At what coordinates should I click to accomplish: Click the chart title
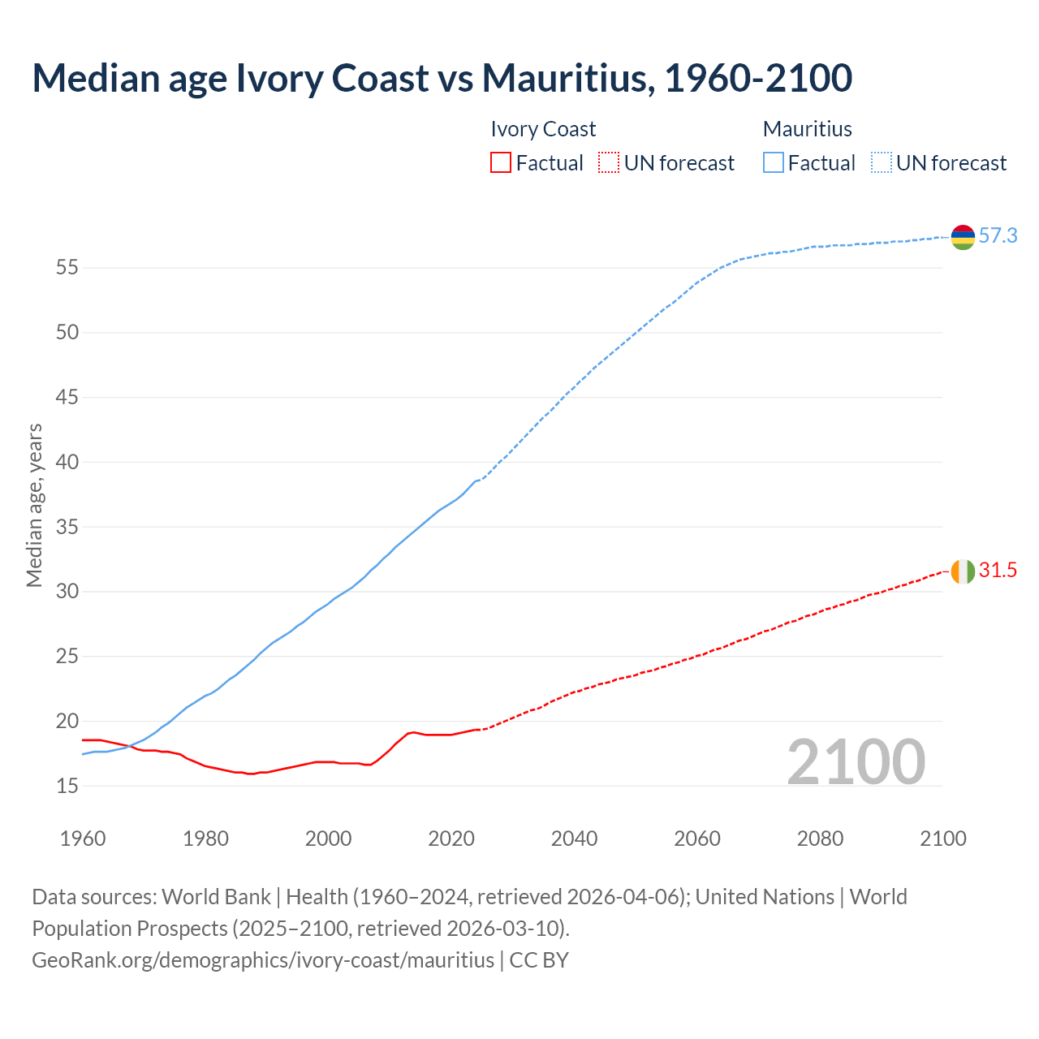coord(442,78)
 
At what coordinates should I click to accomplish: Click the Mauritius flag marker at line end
coord(962,237)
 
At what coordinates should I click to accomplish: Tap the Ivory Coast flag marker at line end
coord(962,571)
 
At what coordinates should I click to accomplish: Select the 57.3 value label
coord(998,236)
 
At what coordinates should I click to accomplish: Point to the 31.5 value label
coord(998,571)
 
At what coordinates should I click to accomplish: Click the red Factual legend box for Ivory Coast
coord(501,163)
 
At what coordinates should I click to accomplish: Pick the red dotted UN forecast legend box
coord(609,163)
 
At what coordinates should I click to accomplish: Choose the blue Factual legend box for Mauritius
coord(774,163)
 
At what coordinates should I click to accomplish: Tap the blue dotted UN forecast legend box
coord(882,163)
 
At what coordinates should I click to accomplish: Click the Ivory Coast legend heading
coord(543,129)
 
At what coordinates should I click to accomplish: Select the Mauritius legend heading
coord(808,129)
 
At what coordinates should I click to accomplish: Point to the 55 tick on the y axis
coord(67,268)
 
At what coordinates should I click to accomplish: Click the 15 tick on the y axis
coord(67,786)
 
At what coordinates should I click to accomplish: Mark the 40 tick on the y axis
coord(67,462)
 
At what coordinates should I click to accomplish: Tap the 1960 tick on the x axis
coord(83,839)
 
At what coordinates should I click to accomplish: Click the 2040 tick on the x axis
coord(574,839)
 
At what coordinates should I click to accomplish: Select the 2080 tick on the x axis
coord(820,839)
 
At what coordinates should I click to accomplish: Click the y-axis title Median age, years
coord(34,505)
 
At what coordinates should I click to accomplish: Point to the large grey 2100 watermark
coord(856,761)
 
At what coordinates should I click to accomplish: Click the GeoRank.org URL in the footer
coord(263,960)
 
